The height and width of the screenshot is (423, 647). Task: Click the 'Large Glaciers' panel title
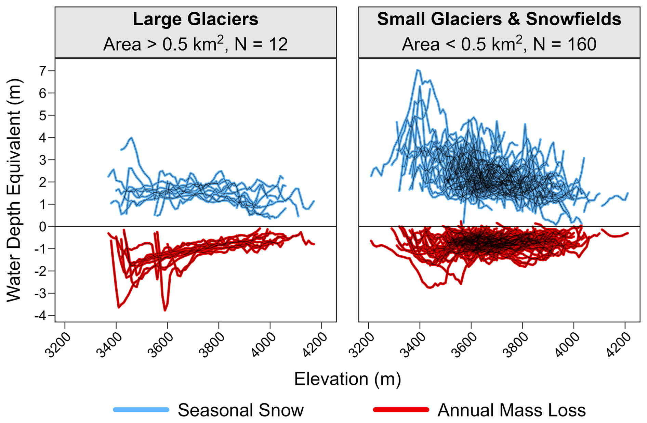point(195,19)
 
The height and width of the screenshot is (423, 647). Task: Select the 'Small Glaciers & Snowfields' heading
point(499,19)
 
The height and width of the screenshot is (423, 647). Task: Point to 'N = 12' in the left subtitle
point(261,44)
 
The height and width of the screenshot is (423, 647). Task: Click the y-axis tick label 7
point(42,71)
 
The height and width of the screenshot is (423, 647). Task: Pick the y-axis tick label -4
point(40,316)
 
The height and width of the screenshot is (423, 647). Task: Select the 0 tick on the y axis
point(42,227)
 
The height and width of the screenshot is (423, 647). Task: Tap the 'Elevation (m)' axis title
point(347,379)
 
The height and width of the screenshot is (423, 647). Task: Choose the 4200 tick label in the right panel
point(619,345)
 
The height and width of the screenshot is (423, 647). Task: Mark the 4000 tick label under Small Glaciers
point(568,345)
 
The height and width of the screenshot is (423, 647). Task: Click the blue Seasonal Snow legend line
point(141,410)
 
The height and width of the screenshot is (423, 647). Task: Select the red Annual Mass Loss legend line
point(401,410)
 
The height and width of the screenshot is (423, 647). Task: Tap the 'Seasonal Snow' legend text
point(240,410)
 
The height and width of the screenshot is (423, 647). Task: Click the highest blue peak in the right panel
point(418,70)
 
